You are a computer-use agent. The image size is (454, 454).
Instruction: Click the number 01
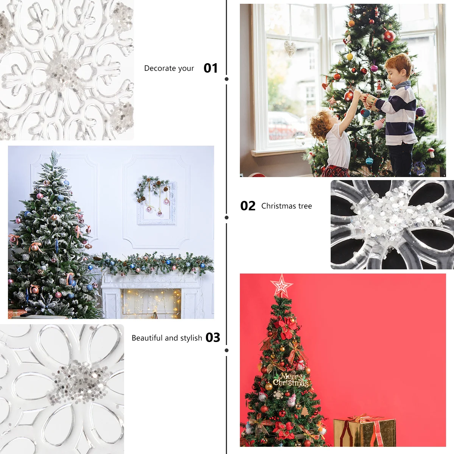click(x=211, y=68)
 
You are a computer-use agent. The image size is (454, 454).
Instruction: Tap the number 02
click(x=248, y=206)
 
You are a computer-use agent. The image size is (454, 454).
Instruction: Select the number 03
click(x=213, y=337)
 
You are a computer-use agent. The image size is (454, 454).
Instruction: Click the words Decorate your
click(x=169, y=68)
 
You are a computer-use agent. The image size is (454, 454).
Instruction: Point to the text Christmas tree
click(x=286, y=206)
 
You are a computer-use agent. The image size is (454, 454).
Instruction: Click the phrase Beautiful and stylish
click(x=166, y=338)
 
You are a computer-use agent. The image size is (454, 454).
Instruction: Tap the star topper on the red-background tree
click(x=281, y=285)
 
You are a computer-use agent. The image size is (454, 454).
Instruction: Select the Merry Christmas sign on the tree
click(x=291, y=380)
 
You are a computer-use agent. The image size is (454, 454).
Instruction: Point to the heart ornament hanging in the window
click(x=290, y=48)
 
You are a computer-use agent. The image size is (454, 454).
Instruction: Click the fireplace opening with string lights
click(x=151, y=303)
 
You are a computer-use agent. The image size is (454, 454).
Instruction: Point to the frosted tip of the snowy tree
click(x=55, y=155)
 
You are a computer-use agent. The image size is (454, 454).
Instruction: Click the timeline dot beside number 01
click(x=227, y=79)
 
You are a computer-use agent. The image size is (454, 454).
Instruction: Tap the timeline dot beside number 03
click(x=227, y=350)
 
